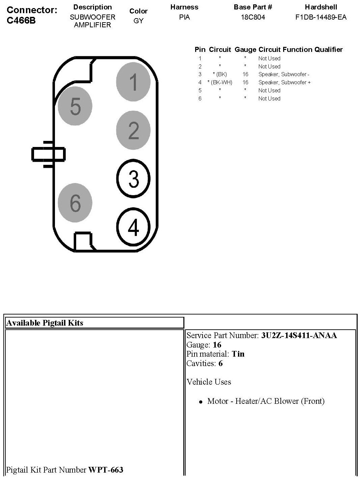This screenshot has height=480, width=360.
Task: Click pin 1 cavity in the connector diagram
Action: (x=133, y=82)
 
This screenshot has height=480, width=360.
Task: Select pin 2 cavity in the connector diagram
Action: (x=133, y=130)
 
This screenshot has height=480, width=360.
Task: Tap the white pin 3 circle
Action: (x=133, y=178)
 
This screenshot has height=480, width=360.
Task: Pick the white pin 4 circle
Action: (x=133, y=227)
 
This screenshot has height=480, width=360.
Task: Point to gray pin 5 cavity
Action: (x=75, y=106)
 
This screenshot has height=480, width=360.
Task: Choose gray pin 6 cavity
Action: (x=75, y=203)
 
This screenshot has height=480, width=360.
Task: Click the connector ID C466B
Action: (x=21, y=21)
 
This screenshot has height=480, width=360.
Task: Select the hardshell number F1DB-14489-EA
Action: (x=321, y=17)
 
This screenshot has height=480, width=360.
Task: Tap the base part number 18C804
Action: (x=253, y=17)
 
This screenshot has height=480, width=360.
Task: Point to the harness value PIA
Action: (x=184, y=17)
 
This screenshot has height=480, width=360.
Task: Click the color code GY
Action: (x=138, y=21)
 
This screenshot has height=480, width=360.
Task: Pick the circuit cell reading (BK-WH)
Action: (x=220, y=82)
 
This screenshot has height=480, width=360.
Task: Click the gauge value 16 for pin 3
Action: (x=245, y=74)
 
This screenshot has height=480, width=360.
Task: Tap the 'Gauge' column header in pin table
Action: (x=245, y=50)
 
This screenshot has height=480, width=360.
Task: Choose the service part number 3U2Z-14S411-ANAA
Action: (x=299, y=335)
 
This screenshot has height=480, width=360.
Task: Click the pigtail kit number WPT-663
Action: (x=106, y=470)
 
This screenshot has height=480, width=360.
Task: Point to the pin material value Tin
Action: (x=238, y=354)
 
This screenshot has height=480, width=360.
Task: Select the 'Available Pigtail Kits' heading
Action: (x=44, y=323)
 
